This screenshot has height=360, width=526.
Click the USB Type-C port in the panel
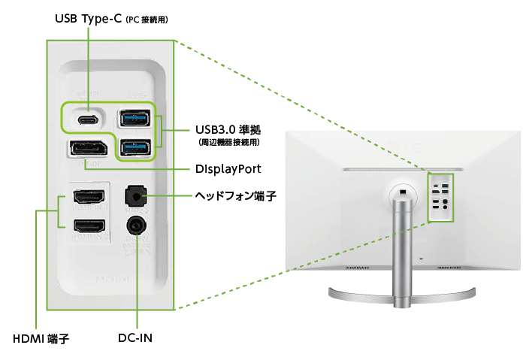click(89, 119)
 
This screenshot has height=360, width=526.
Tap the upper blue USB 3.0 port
click(135, 119)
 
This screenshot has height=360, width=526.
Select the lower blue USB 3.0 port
click(135, 147)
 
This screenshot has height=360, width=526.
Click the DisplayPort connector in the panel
click(89, 149)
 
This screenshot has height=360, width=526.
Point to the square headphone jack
click(136, 195)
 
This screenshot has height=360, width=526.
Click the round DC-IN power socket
click(136, 225)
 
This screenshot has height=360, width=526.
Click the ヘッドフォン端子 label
click(235, 196)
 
